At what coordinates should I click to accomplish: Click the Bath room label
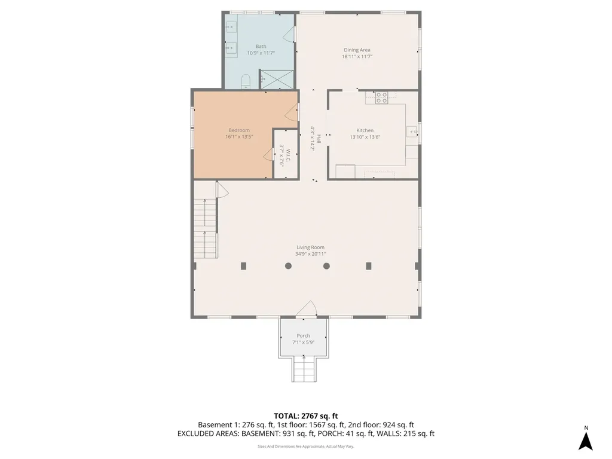click(261, 47)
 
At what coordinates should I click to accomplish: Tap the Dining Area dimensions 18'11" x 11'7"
click(357, 57)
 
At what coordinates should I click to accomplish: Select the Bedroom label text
click(239, 130)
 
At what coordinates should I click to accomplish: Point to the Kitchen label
click(365, 130)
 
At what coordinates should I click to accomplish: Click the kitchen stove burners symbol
click(381, 97)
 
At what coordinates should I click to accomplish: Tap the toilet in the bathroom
click(245, 81)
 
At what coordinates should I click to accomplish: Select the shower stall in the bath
click(277, 79)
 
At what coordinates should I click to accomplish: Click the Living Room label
click(311, 247)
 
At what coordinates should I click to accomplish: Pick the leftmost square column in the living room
click(243, 266)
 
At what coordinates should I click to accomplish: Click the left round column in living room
click(289, 266)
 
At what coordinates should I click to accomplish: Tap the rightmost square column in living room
click(369, 266)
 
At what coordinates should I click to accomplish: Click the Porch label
click(304, 336)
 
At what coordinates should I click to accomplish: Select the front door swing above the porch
click(307, 308)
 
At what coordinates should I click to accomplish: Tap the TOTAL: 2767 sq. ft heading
click(306, 415)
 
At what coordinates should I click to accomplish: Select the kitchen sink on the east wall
click(412, 132)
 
